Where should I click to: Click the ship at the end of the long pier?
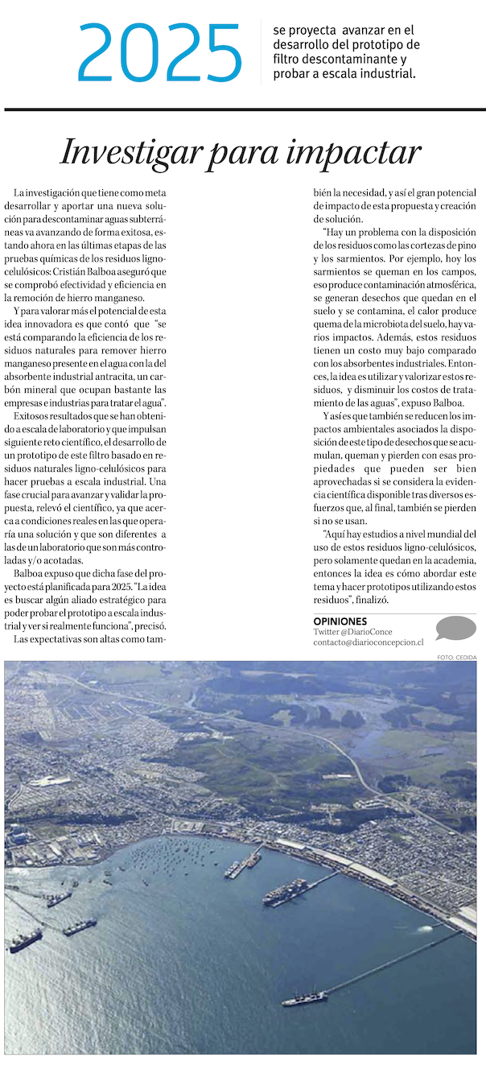[304, 998]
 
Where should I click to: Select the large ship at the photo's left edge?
[26, 939]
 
